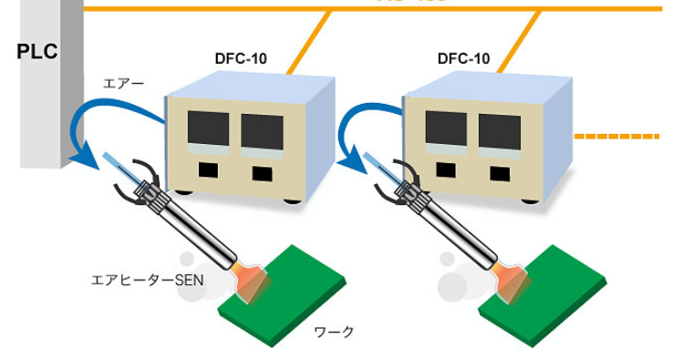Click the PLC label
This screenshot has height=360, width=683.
pyautogui.click(x=36, y=51)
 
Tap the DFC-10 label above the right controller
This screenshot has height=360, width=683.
pyautogui.click(x=463, y=59)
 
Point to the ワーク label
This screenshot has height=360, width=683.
pyautogui.click(x=333, y=331)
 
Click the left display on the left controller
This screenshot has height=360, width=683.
pyautogui.click(x=209, y=131)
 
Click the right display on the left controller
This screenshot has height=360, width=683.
pyautogui.click(x=261, y=131)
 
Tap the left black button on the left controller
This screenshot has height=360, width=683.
pyautogui.click(x=210, y=170)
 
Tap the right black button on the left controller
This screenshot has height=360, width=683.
pyautogui.click(x=262, y=172)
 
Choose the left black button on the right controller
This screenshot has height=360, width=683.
pyautogui.click(x=447, y=170)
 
